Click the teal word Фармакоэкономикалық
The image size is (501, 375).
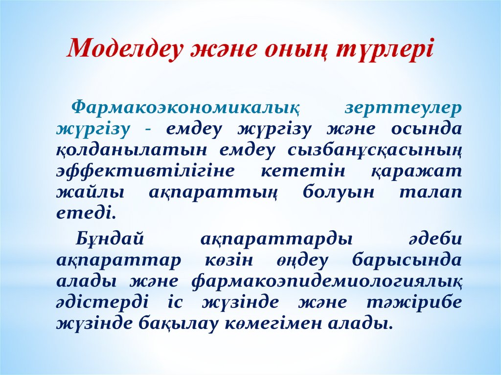click(x=185, y=109)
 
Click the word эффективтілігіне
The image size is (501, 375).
click(x=145, y=172)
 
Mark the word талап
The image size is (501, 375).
click(x=431, y=193)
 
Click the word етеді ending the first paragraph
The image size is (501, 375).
click(x=86, y=213)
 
